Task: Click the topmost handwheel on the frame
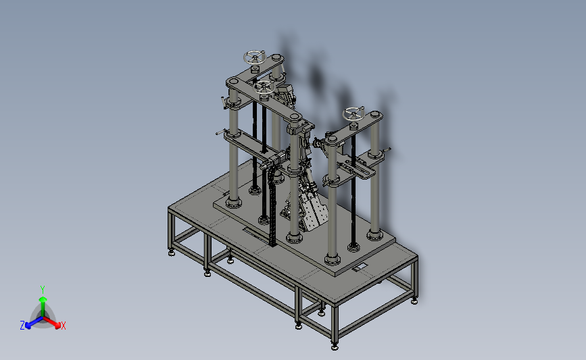(x=255, y=58)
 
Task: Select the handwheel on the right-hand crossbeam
(x=353, y=113)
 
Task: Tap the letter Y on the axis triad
(x=42, y=290)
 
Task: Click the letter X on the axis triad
(x=63, y=326)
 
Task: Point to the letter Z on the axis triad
(x=22, y=326)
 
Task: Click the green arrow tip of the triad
(x=43, y=299)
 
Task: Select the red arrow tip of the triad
(x=57, y=326)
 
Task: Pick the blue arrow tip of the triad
(x=28, y=326)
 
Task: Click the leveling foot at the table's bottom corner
(x=335, y=347)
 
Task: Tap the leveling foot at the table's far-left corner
(x=172, y=253)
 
